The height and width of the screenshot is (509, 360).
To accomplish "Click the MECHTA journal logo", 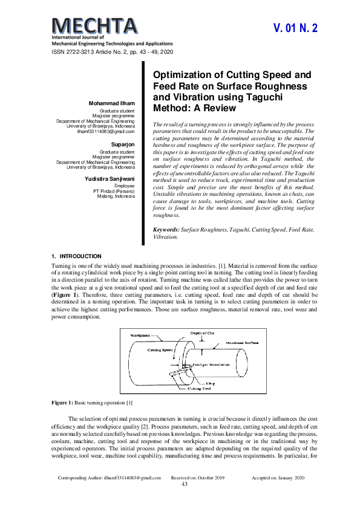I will pyautogui.click(x=95, y=26).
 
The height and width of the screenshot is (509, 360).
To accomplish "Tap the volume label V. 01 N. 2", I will pyautogui.click(x=295, y=28).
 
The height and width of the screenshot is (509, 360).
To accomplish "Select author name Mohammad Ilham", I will pyautogui.click(x=112, y=103).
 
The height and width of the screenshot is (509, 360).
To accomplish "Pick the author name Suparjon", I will pyautogui.click(x=122, y=144).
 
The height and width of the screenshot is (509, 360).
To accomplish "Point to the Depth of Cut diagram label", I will pyautogui.click(x=203, y=333).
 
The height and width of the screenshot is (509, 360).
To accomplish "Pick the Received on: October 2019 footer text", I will pyautogui.click(x=198, y=477).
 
